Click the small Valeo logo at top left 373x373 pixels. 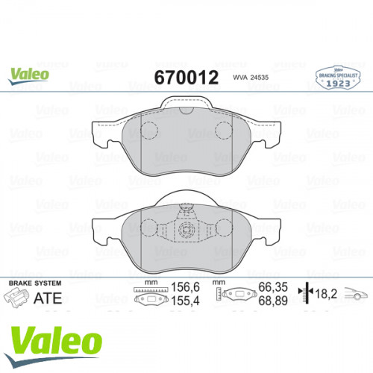tap(30, 73)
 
